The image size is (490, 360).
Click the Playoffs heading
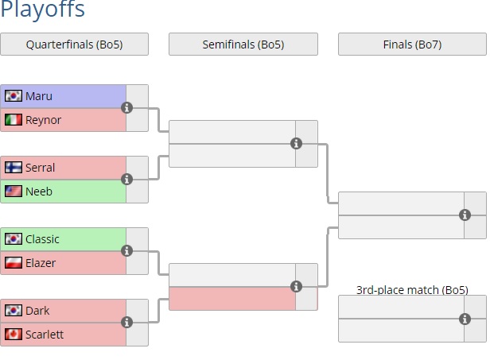(43, 10)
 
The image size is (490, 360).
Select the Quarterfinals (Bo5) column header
(75, 45)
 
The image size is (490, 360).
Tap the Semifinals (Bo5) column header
(243, 45)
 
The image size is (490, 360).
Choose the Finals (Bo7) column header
(412, 45)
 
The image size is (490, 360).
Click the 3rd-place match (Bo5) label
(411, 289)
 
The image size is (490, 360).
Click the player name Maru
(39, 96)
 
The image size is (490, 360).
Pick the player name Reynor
(42, 120)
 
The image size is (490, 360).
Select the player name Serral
(41, 168)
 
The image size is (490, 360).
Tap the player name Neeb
(40, 192)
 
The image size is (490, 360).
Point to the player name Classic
(42, 239)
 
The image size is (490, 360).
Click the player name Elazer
(41, 263)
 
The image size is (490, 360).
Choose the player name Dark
(37, 311)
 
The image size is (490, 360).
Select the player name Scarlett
(45, 335)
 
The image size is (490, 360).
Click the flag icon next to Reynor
(14, 120)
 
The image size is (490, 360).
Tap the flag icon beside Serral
(14, 168)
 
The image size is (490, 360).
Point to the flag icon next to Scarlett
(14, 335)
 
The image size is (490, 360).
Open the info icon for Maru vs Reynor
(126, 107)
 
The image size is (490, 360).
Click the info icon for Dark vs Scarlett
(126, 322)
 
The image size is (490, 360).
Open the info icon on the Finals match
(465, 215)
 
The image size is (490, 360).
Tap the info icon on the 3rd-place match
(465, 319)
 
